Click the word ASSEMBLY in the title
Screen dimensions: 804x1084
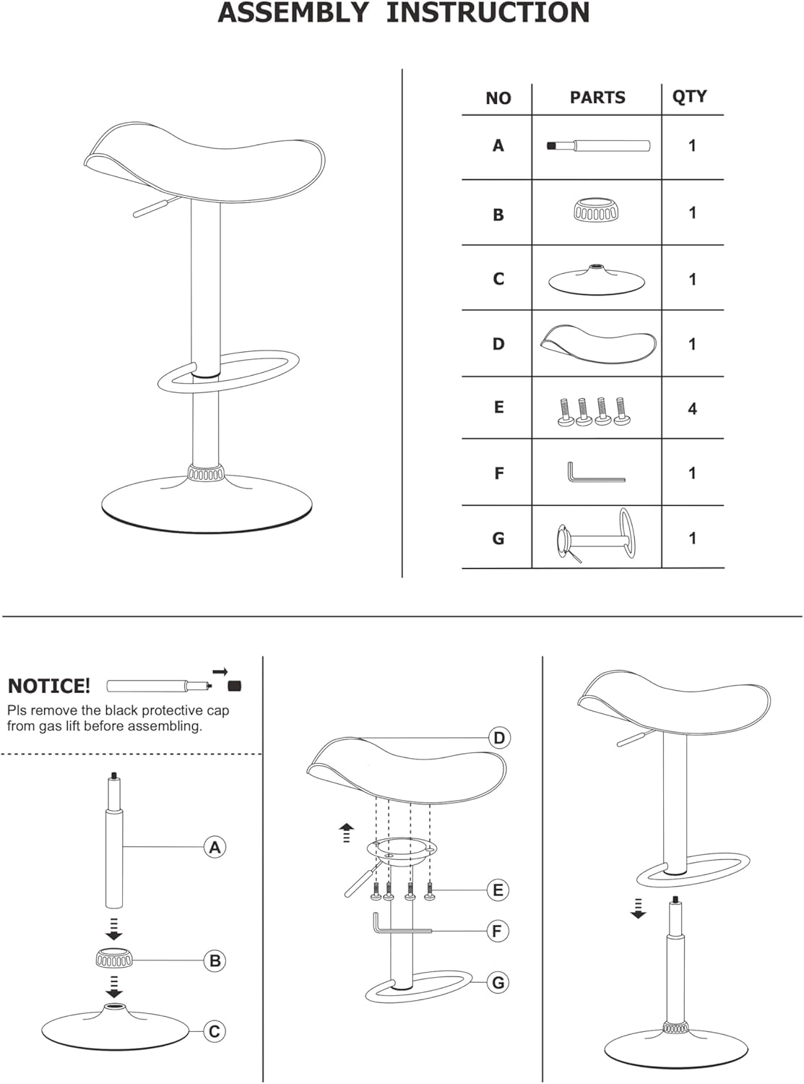point(293,13)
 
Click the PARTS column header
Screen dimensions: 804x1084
point(597,98)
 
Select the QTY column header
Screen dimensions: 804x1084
point(689,96)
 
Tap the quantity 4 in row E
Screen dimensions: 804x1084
point(692,408)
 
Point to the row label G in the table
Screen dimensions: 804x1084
point(498,538)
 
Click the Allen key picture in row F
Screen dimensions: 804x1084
point(596,472)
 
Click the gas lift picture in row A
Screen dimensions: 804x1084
point(598,145)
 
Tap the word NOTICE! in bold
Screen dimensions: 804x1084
point(49,687)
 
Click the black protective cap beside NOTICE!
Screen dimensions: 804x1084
point(235,685)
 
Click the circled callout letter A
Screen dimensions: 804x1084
point(215,847)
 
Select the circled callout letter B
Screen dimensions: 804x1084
point(215,960)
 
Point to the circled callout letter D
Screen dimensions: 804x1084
point(499,738)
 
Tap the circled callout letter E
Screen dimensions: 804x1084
point(498,890)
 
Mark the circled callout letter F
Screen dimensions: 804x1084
point(498,931)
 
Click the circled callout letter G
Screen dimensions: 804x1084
point(498,982)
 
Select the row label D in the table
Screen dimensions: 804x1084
point(498,344)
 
